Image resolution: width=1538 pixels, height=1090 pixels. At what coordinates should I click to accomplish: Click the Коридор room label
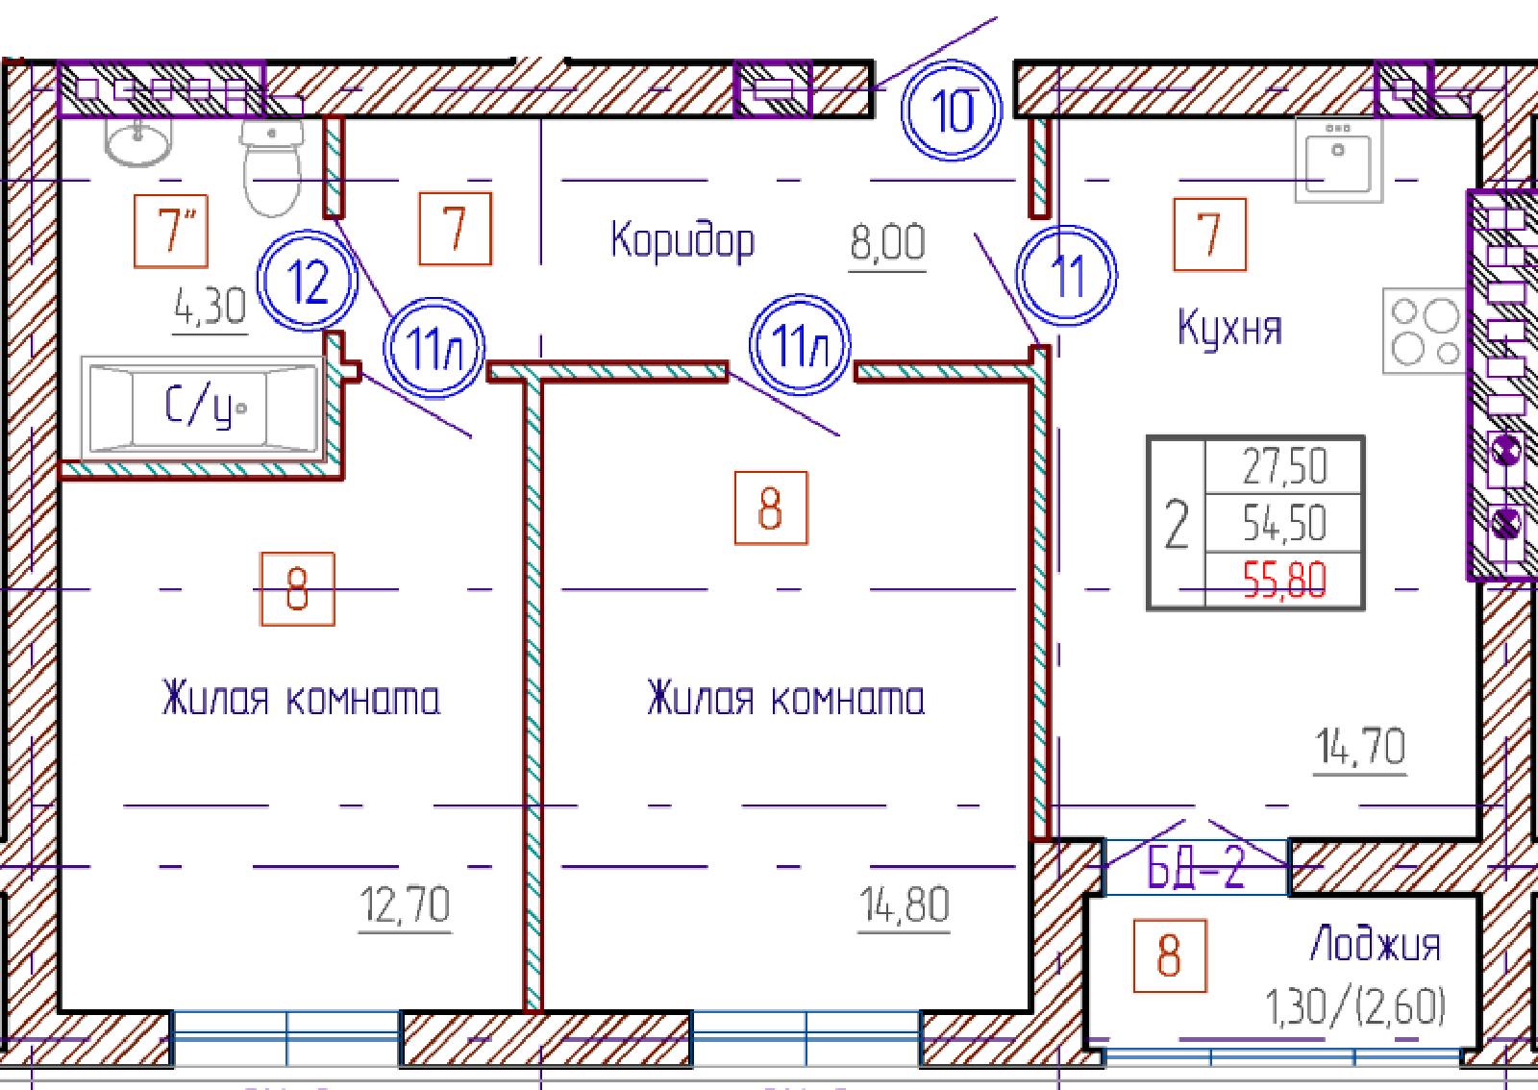682,241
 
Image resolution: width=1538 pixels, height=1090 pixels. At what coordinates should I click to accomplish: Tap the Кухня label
1229,328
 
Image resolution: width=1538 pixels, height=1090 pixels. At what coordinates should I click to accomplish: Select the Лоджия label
1376,945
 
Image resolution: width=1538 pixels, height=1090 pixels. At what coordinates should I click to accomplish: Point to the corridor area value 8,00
888,242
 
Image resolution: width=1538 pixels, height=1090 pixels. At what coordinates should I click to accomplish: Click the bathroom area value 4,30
211,306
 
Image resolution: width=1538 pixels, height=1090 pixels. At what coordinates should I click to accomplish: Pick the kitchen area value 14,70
1360,747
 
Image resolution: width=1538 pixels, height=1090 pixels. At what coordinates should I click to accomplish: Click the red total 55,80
1284,580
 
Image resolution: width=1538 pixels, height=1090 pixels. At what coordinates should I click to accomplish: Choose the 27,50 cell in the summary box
1284,466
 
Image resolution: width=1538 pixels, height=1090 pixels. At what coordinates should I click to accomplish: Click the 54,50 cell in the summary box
1284,523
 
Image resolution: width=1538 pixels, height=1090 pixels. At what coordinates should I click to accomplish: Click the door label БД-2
1196,868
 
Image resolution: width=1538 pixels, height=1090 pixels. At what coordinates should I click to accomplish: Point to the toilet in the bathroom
272,167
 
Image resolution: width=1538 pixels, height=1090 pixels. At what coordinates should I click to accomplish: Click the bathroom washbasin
137,140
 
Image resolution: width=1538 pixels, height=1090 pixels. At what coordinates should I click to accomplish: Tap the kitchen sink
1338,160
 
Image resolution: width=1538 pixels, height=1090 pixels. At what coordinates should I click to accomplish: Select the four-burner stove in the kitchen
1425,331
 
